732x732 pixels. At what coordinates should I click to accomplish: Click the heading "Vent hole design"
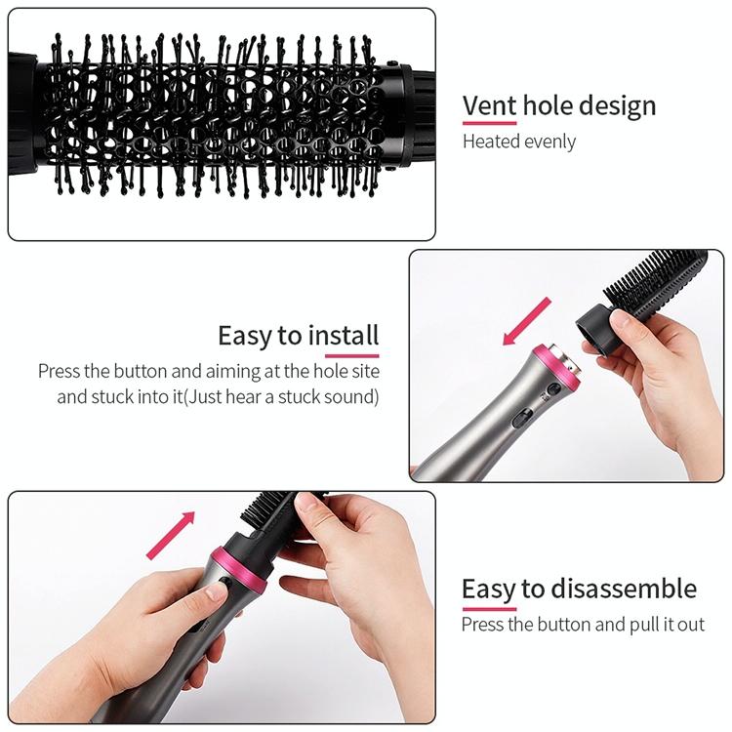[x=559, y=106]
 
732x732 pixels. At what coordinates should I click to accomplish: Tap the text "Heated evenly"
[x=519, y=142]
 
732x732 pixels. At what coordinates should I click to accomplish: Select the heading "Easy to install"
[x=299, y=336]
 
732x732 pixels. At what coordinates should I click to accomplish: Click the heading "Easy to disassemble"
[x=579, y=590]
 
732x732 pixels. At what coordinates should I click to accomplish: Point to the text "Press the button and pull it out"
[x=583, y=625]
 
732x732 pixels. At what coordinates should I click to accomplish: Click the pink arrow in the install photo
[x=527, y=322]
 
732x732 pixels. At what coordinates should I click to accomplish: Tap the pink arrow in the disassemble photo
[x=171, y=535]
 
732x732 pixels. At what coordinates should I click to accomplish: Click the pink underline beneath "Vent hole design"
[x=490, y=123]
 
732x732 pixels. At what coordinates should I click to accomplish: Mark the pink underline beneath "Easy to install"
[x=351, y=355]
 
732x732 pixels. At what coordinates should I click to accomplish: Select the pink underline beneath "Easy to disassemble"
[x=489, y=609]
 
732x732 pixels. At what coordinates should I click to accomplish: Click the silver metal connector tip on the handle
[x=566, y=360]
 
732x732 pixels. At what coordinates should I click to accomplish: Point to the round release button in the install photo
[x=554, y=388]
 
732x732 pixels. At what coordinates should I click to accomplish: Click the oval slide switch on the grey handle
[x=522, y=419]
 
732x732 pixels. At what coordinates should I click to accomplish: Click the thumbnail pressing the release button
[x=216, y=592]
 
